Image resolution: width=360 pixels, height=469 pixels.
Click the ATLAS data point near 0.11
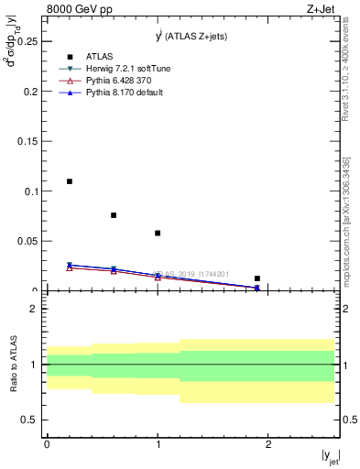pos(69,181)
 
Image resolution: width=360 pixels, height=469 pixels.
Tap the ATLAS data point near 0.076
pos(114,215)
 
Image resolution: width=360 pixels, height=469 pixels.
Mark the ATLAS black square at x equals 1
pos(158,233)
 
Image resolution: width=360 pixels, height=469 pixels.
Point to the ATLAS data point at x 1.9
pos(257,278)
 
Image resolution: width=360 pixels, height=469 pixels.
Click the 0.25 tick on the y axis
pos(28,41)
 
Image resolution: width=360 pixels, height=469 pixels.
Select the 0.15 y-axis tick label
pos(28,141)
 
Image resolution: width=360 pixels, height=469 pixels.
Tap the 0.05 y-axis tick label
pos(28,241)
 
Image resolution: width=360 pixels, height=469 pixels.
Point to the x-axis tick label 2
pos(268,443)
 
